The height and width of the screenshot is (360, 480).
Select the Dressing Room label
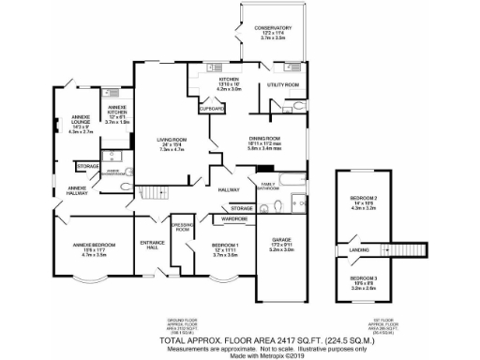[x=182, y=228]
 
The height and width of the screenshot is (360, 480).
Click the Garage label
[x=282, y=244]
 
